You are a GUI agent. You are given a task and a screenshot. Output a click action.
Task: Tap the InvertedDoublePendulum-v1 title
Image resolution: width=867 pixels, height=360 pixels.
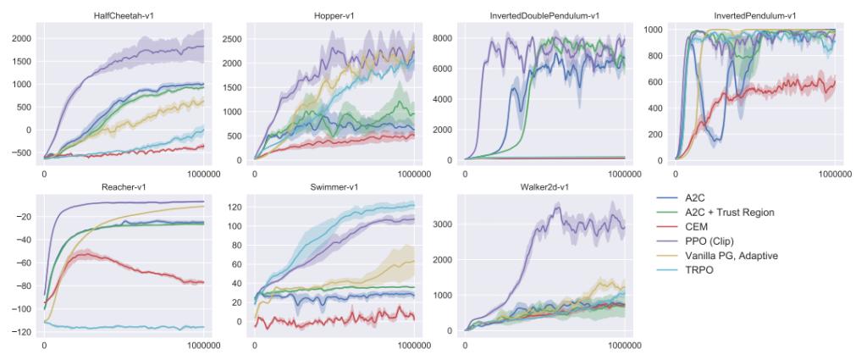coord(544,16)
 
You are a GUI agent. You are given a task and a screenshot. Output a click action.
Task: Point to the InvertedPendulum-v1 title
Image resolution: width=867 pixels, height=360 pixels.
coord(754,16)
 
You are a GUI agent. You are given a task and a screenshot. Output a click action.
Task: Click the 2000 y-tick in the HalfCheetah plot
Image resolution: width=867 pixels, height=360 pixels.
coord(21,39)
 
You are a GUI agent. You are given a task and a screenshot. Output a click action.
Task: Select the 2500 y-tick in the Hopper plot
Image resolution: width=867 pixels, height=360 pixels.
coord(231,39)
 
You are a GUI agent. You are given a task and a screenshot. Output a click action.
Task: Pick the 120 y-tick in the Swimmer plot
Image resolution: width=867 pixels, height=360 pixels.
coord(237,207)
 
